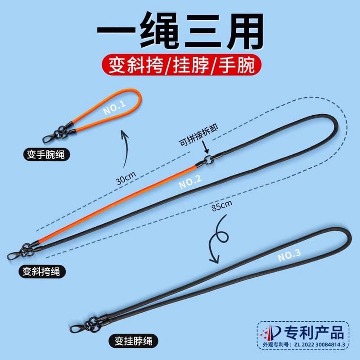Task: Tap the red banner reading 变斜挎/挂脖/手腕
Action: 182,64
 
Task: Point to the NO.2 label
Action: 190,181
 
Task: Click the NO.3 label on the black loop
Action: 289,255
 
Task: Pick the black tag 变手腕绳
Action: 46,154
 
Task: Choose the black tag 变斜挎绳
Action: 41,272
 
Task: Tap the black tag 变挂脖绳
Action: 134,341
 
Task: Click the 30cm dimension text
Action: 126,178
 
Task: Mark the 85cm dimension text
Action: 222,205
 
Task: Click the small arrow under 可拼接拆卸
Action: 206,147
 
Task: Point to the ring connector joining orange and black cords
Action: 208,160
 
